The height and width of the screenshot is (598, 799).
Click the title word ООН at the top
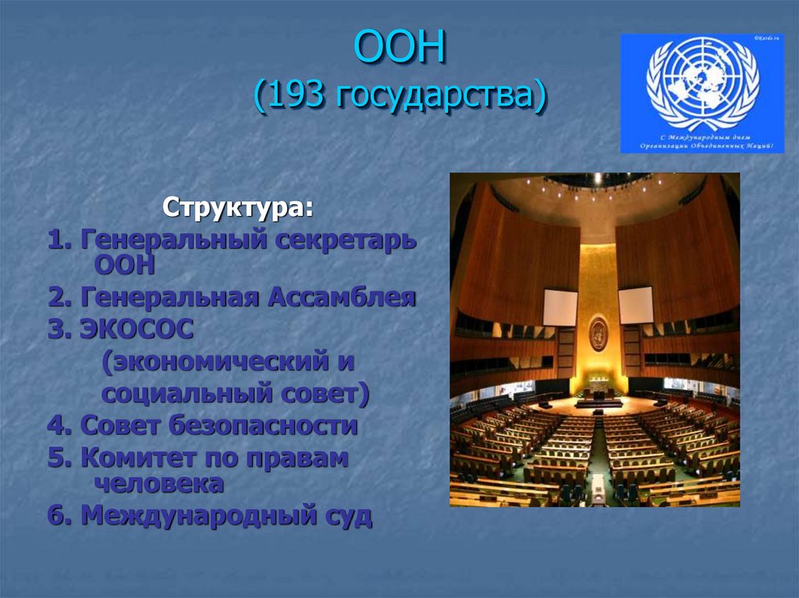399,49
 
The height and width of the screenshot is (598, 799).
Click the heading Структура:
239,209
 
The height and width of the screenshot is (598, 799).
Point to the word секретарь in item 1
345,241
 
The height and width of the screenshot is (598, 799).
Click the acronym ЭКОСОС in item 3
135,330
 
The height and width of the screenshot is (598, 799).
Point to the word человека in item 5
159,483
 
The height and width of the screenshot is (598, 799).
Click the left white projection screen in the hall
560,307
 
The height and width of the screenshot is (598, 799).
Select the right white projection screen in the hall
636,305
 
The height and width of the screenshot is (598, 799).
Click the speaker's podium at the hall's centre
598,395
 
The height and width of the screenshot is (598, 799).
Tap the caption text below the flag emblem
702,141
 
